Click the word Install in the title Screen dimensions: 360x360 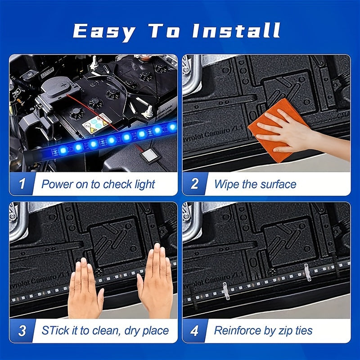(236, 31)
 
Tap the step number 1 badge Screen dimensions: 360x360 (22, 184)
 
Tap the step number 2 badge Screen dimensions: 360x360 (195, 184)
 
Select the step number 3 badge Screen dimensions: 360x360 (22, 331)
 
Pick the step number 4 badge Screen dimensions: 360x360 (194, 331)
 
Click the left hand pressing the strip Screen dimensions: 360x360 (85, 289)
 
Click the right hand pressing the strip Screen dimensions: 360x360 (155, 282)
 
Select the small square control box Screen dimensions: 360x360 (149, 156)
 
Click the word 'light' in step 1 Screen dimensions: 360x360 (144, 185)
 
